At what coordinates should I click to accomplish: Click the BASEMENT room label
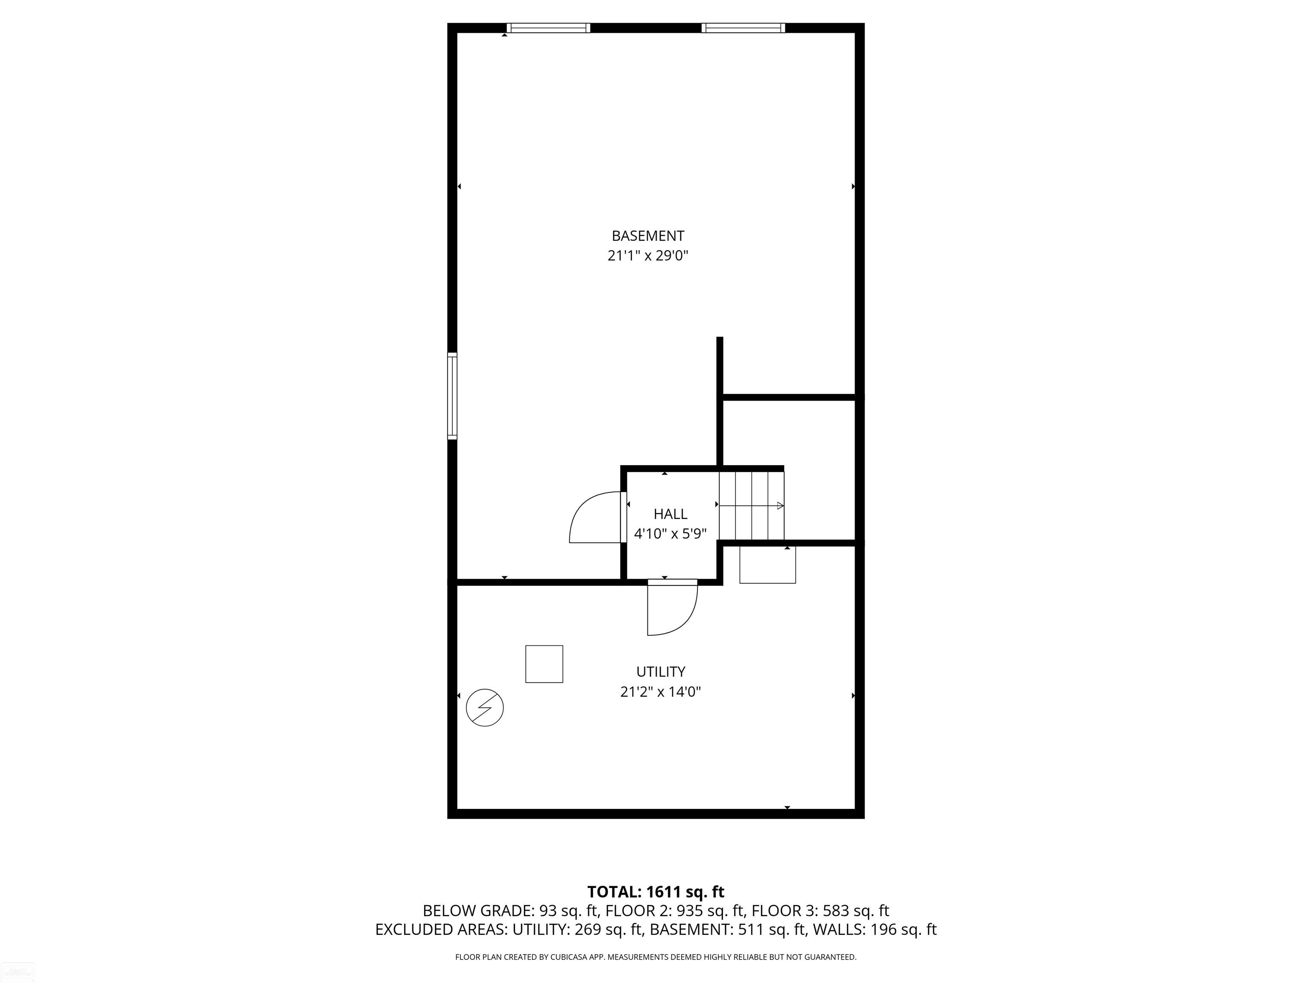[648, 236]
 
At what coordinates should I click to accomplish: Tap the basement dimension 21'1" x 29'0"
[648, 256]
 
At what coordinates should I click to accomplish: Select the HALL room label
[670, 514]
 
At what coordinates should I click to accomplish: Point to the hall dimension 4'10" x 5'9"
[670, 534]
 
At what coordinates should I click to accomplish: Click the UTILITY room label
[661, 672]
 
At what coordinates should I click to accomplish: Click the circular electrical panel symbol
[485, 708]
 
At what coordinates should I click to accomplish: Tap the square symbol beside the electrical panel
[544, 664]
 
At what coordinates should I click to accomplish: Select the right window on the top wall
[743, 28]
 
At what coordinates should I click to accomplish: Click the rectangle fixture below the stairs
[767, 565]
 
